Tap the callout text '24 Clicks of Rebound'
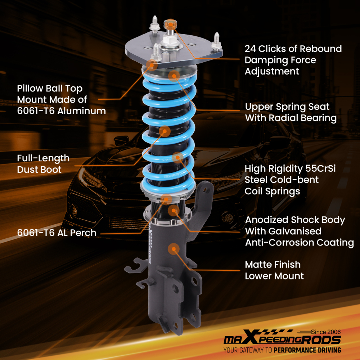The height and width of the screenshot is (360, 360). [x=293, y=49]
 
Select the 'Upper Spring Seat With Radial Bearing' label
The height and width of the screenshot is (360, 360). [x=291, y=112]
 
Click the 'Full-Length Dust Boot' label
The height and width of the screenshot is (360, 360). [x=43, y=163]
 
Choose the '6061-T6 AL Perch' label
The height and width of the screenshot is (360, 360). [x=57, y=233]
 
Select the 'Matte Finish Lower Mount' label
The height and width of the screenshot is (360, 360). [x=274, y=270]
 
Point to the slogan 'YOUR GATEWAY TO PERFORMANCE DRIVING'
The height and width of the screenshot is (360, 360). [x=282, y=350]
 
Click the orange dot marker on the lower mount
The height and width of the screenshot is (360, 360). [x=174, y=248]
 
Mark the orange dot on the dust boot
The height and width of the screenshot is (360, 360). [x=165, y=131]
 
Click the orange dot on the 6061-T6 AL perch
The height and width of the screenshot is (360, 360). [x=166, y=198]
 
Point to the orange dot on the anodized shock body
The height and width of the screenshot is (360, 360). [x=174, y=210]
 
